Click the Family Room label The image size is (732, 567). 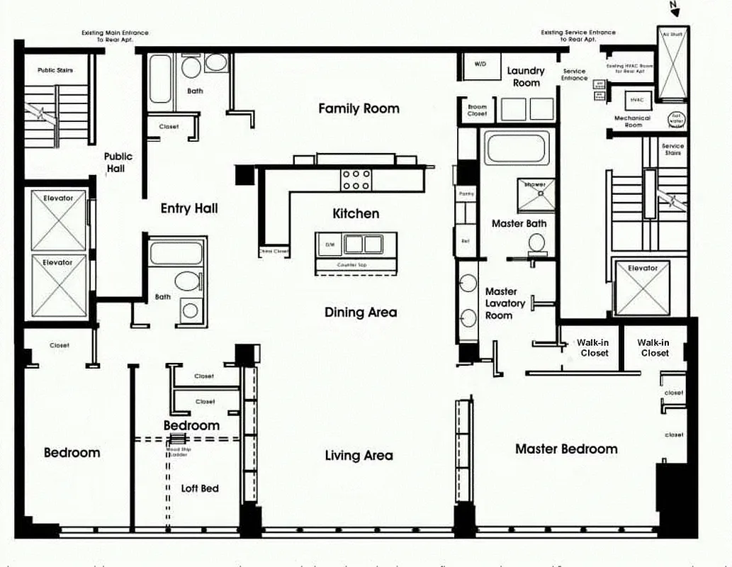359,108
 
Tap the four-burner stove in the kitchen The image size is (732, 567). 356,179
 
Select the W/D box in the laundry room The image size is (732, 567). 480,64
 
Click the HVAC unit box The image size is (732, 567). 636,100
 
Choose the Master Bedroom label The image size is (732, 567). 565,449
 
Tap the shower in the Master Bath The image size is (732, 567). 536,194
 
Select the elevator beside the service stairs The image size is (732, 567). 643,288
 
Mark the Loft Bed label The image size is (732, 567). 200,488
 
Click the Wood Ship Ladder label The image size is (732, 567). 178,451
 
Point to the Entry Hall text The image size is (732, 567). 188,208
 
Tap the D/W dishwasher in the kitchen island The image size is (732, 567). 330,244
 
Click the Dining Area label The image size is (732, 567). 361,313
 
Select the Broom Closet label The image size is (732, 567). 477,110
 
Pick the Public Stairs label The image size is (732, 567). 55,70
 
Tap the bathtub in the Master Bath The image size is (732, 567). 516,148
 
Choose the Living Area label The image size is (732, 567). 359,456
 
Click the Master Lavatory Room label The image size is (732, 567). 505,303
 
